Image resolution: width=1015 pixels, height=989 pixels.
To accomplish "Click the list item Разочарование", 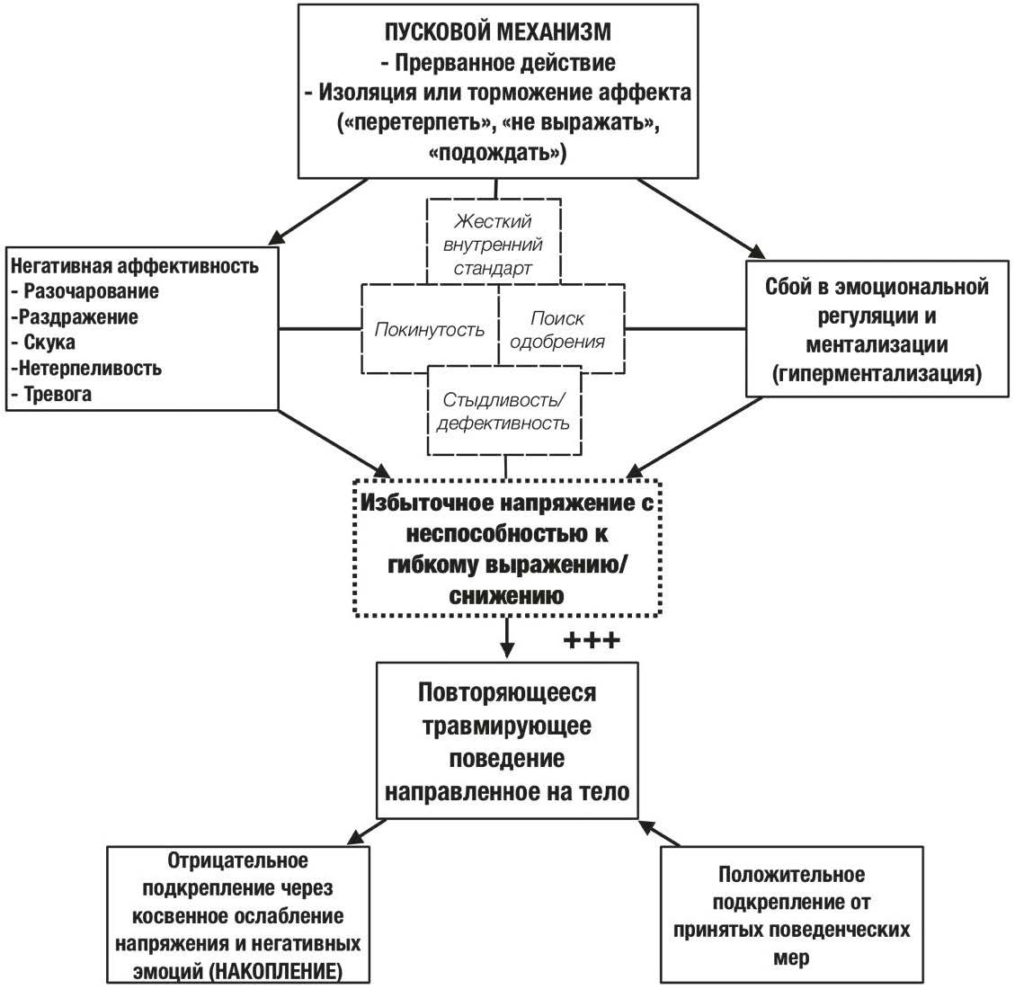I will click(91, 291).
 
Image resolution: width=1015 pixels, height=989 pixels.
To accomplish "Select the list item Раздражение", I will click(76, 316).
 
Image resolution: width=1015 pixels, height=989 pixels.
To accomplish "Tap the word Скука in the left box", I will click(49, 343).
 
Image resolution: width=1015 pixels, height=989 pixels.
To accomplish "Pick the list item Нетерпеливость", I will click(87, 368).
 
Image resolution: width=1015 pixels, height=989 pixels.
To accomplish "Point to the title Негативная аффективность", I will click(135, 265).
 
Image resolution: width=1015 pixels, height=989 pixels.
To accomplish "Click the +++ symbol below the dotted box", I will click(591, 641).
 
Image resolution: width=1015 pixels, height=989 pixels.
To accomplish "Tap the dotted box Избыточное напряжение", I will click(505, 548).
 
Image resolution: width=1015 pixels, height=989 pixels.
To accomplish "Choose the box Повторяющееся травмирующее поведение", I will click(507, 741).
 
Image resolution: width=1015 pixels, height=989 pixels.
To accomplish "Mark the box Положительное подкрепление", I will click(791, 914).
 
